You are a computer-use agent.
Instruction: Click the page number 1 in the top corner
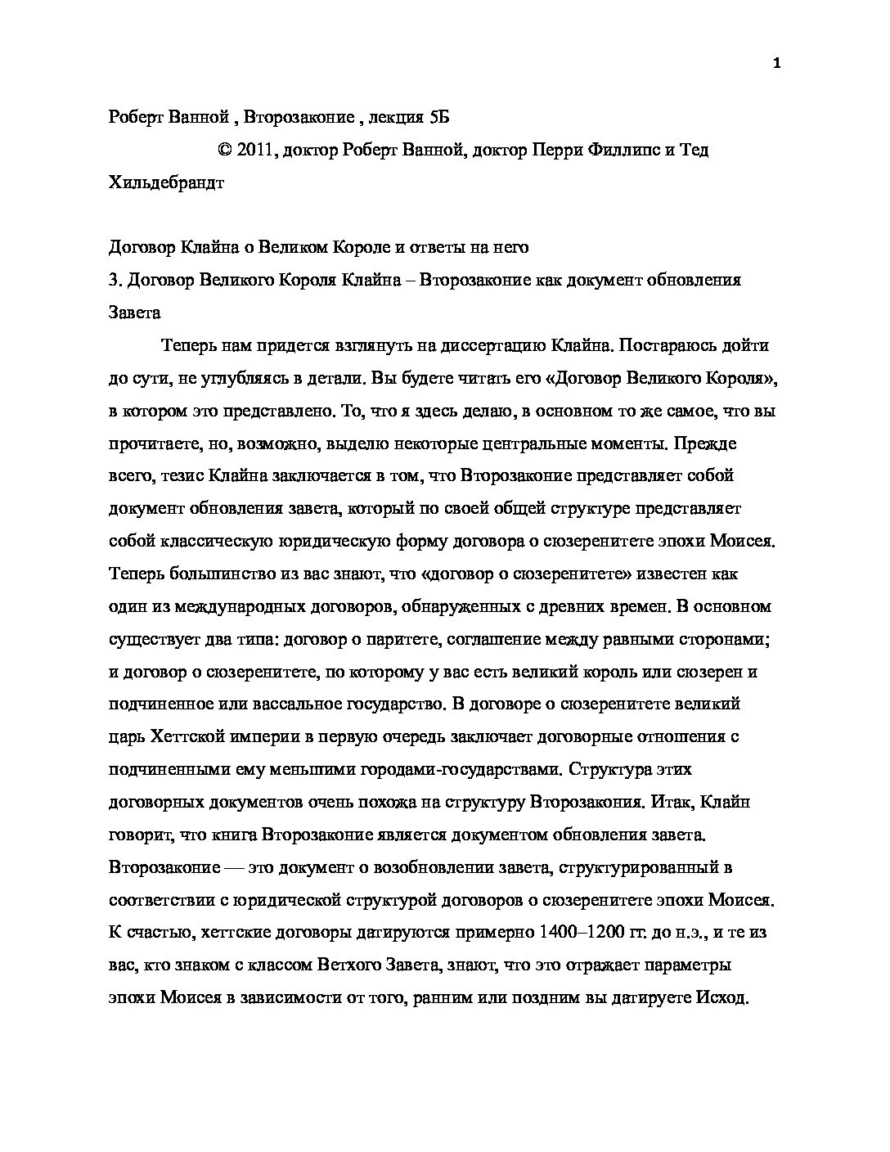click(776, 65)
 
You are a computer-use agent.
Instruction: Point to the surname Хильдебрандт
click(166, 183)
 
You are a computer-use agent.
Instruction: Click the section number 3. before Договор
click(115, 281)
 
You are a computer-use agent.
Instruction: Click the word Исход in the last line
click(722, 997)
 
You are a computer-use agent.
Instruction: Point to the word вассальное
click(283, 704)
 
